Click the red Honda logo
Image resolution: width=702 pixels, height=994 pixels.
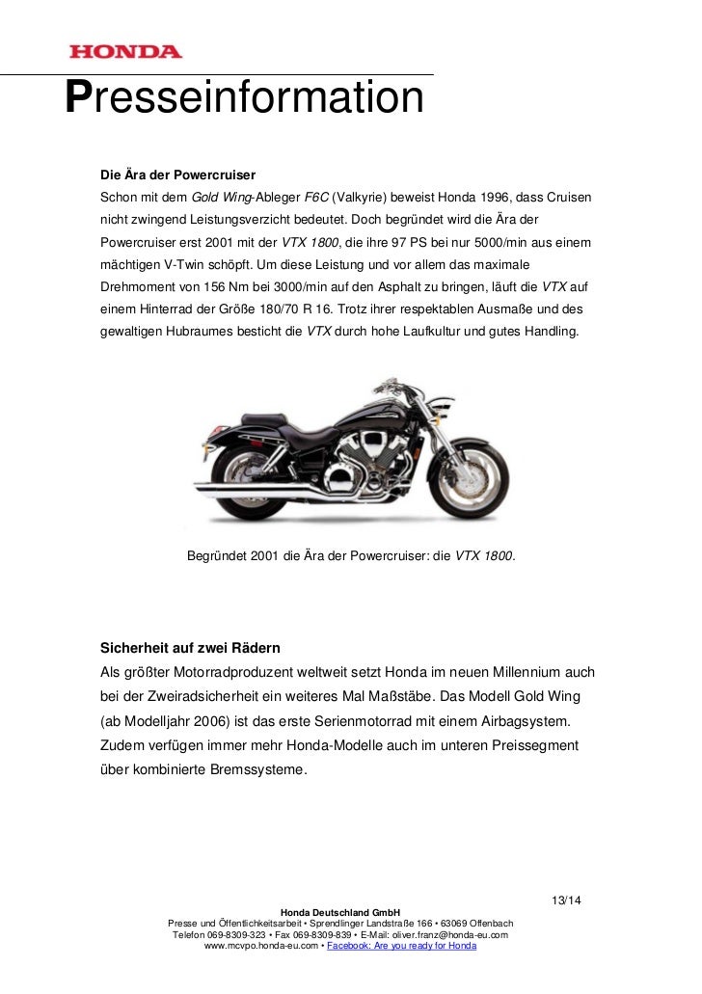pyautogui.click(x=124, y=51)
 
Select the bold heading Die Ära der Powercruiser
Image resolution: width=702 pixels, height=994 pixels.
pyautogui.click(x=177, y=176)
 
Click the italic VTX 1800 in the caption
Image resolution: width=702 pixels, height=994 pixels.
pyautogui.click(x=485, y=555)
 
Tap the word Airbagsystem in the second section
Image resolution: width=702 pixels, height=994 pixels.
pyautogui.click(x=525, y=722)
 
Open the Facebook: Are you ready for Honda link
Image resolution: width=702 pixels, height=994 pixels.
pyautogui.click(x=401, y=947)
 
